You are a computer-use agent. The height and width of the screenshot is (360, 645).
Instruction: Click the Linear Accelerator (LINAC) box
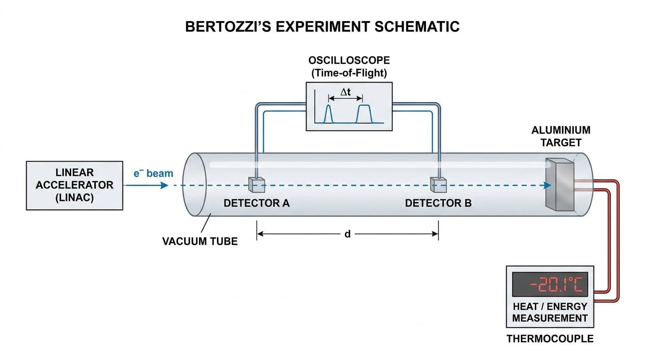pyautogui.click(x=75, y=186)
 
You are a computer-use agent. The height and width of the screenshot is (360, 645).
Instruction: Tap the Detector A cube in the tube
pyautogui.click(x=256, y=185)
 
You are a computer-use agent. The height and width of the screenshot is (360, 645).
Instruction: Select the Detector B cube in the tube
pyautogui.click(x=438, y=185)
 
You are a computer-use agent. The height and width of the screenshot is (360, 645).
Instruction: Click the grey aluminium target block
pyautogui.click(x=560, y=184)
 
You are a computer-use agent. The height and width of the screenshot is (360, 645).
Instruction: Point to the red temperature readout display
pyautogui.click(x=550, y=284)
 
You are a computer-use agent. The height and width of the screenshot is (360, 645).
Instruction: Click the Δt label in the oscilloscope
pyautogui.click(x=345, y=92)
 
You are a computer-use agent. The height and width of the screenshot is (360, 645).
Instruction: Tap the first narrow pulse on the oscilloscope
pyautogui.click(x=329, y=114)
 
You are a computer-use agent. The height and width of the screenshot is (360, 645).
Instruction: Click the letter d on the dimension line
pyautogui.click(x=347, y=234)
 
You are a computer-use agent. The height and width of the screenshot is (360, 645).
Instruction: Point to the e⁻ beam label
pyautogui.click(x=153, y=173)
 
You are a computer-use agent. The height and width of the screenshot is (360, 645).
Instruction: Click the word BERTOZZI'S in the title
pyautogui.click(x=228, y=27)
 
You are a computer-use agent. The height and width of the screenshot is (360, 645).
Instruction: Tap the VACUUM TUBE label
pyautogui.click(x=200, y=241)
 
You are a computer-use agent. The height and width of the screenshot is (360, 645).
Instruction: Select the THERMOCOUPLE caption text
pyautogui.click(x=550, y=339)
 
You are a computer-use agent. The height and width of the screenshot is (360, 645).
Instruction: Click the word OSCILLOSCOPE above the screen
pyautogui.click(x=349, y=60)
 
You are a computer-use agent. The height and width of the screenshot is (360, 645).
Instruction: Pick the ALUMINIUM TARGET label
pyautogui.click(x=561, y=136)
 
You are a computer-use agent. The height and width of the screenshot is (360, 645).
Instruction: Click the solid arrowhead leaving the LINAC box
pyautogui.click(x=164, y=185)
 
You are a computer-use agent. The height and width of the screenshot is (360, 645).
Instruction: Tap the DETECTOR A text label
pyautogui.click(x=256, y=203)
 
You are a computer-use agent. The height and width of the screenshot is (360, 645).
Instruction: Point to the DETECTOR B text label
pyautogui.click(x=438, y=203)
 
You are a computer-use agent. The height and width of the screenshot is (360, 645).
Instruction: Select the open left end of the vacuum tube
pyautogui.click(x=195, y=184)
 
